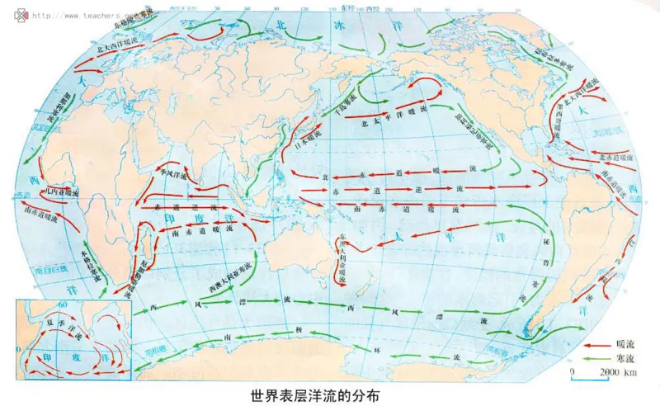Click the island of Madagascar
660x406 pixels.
tap(148, 248)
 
